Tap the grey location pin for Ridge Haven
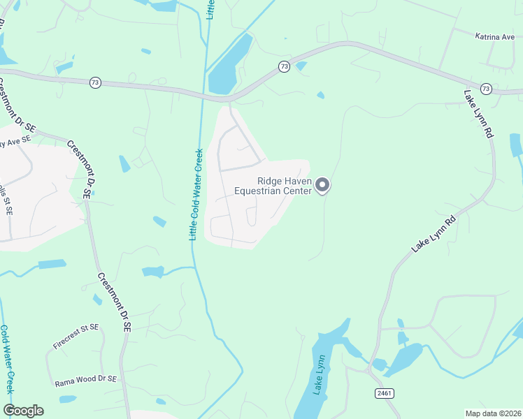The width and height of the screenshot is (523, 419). (x=322, y=185)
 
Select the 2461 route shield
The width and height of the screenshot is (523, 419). (x=383, y=394)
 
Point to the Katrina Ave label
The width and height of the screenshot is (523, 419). (x=494, y=36)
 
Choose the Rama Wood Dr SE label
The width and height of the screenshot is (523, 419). (x=86, y=383)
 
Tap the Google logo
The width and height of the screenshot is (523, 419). (x=23, y=411)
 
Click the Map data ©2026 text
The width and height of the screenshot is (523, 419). (x=494, y=413)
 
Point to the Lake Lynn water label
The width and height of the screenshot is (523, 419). (x=319, y=374)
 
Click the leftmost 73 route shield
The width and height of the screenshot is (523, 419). (x=95, y=82)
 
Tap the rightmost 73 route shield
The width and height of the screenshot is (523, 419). (x=486, y=89)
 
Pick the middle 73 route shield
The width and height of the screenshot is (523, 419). (x=283, y=66)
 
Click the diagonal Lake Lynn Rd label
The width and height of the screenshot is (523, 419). (x=434, y=234)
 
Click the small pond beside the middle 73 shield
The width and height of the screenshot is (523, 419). (x=301, y=66)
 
